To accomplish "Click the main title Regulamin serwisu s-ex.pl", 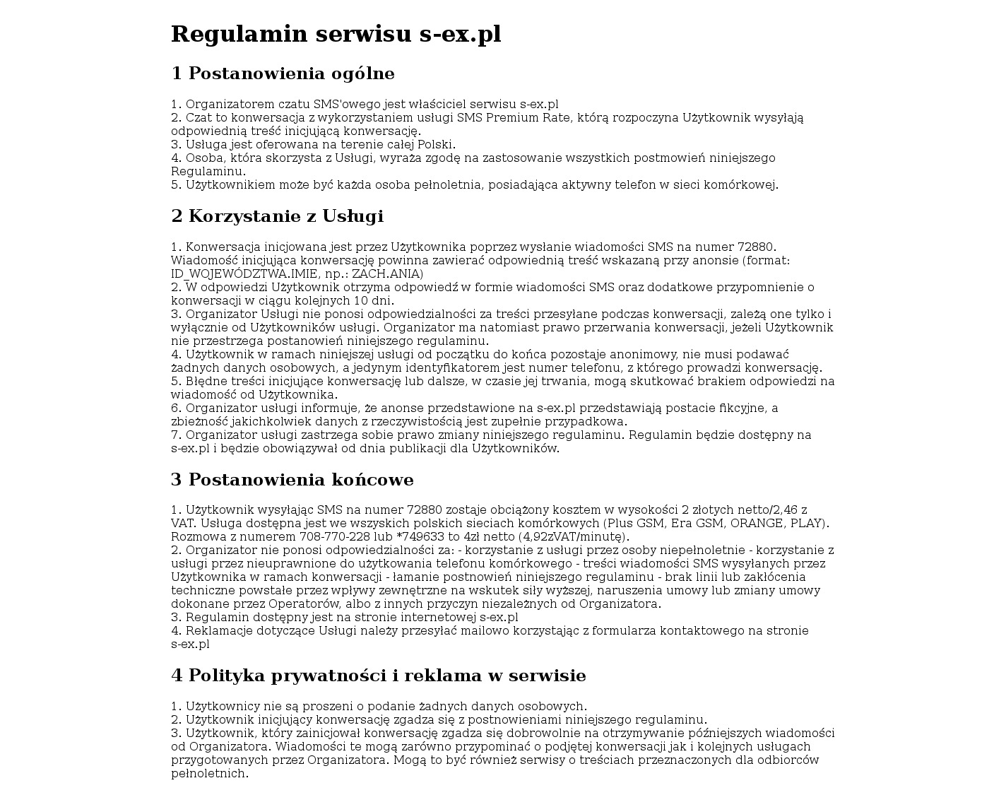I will point(336,34).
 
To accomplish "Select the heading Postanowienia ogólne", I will point(283,73).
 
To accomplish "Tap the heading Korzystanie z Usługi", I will point(277,216).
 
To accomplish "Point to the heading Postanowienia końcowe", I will point(292,480).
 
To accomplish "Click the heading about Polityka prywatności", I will point(378,676).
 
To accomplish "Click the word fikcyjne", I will point(743,408).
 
